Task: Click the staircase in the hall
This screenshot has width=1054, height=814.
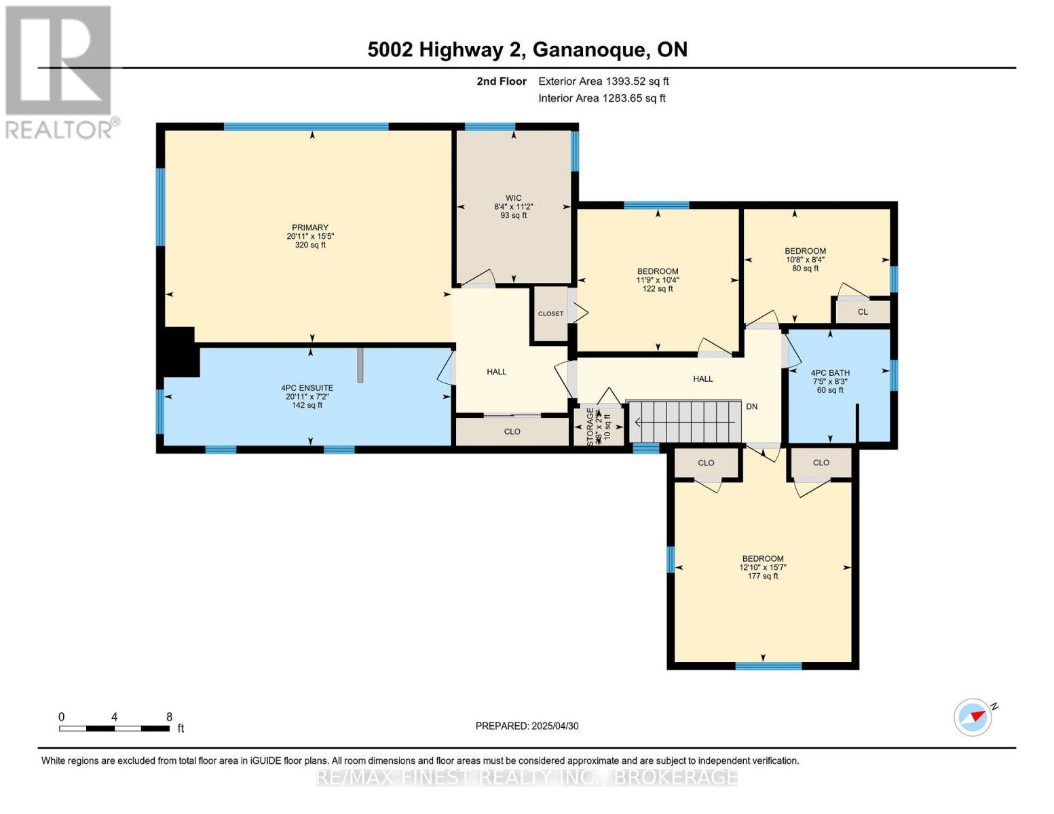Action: pyautogui.click(x=685, y=421)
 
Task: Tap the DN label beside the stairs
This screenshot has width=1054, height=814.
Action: pyautogui.click(x=751, y=406)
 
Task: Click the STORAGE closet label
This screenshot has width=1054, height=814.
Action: pyautogui.click(x=590, y=426)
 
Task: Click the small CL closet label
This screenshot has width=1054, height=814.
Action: pyautogui.click(x=863, y=312)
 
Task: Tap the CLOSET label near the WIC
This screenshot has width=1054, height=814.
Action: pyautogui.click(x=550, y=314)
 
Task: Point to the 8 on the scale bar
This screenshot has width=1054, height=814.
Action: pyautogui.click(x=169, y=717)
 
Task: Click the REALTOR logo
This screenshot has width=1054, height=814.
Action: pyautogui.click(x=59, y=71)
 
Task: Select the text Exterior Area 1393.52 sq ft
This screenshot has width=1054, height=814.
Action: pyautogui.click(x=603, y=81)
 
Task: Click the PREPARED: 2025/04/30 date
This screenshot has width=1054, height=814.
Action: pyautogui.click(x=527, y=726)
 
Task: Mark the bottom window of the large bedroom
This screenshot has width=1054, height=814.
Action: pyautogui.click(x=768, y=665)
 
